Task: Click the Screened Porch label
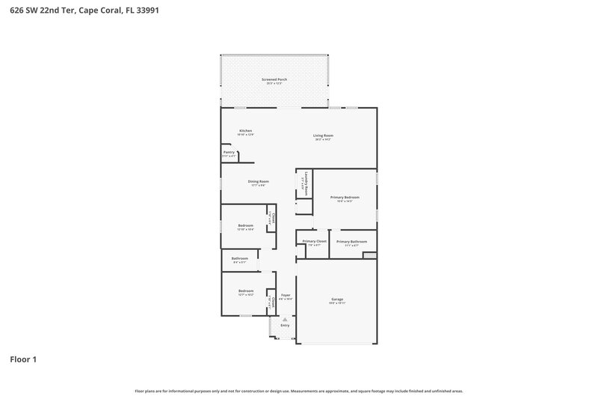click(274, 79)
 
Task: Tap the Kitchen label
click(246, 131)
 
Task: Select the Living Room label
click(323, 135)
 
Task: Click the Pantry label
click(229, 152)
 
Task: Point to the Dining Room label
click(258, 181)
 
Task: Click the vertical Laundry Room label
click(306, 183)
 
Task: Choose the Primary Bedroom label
click(344, 197)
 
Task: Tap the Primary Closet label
click(314, 241)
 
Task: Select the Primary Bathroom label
click(351, 241)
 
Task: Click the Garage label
click(337, 299)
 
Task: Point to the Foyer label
click(285, 295)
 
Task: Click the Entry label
click(285, 326)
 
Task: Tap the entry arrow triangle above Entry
click(285, 319)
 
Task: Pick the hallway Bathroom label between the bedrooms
click(239, 258)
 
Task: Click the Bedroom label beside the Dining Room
click(246, 225)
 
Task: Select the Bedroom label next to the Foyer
click(246, 290)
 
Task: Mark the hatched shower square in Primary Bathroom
click(369, 255)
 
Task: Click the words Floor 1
click(23, 359)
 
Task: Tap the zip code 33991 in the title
click(167, 10)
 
